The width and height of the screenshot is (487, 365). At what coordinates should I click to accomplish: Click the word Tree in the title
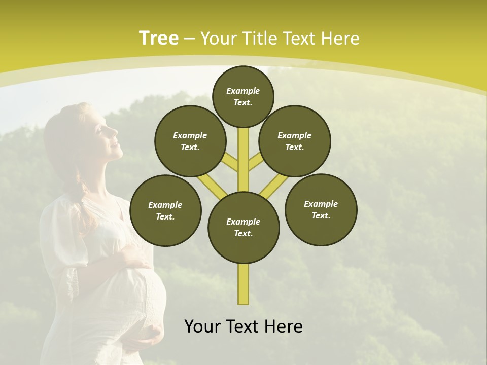pyautogui.click(x=159, y=38)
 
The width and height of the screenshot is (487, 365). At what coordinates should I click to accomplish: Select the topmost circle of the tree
pyautogui.click(x=243, y=96)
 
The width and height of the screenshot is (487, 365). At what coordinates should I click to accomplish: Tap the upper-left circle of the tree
pyautogui.click(x=190, y=141)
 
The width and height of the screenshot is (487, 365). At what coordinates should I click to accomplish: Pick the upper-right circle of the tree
pyautogui.click(x=294, y=141)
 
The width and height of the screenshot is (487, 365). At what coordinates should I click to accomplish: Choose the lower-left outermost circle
pyautogui.click(x=165, y=210)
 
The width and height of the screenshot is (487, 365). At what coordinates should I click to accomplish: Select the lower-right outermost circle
pyautogui.click(x=321, y=209)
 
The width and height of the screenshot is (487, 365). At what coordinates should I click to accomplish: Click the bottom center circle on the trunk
pyautogui.click(x=243, y=227)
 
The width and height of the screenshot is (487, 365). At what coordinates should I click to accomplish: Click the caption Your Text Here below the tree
pyautogui.click(x=243, y=326)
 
